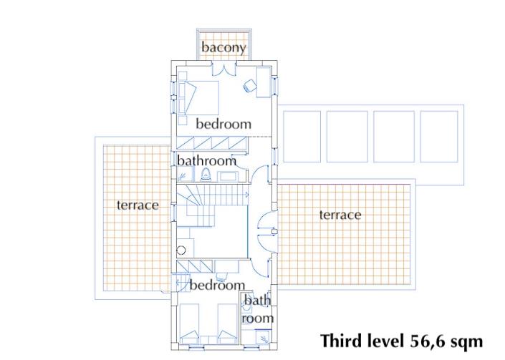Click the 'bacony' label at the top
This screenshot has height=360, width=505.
point(223,47)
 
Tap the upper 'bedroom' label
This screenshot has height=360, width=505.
point(223,124)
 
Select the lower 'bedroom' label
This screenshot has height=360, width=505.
point(217,285)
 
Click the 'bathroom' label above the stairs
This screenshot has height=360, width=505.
point(207,160)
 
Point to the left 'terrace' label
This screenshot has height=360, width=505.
point(138,205)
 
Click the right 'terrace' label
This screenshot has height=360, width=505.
point(340,215)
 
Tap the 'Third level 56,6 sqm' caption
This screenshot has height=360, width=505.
point(402,341)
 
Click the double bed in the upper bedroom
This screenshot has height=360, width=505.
point(198,98)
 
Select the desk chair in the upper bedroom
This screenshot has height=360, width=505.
point(249,86)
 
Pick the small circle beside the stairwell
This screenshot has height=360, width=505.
point(181,250)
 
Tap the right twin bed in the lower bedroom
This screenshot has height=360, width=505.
point(227,324)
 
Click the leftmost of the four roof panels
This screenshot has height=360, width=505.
point(302,137)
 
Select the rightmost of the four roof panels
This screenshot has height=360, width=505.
point(439,137)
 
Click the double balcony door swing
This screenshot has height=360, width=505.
point(224,69)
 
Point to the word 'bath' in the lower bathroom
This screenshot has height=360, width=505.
point(257,301)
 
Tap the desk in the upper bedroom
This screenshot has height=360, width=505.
point(263,82)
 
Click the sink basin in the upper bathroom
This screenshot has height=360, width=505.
point(227,177)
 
